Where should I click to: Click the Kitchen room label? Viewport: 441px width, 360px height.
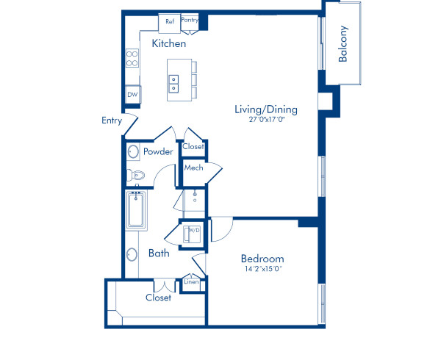pos(168,44)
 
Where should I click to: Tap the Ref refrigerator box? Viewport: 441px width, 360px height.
pos(170,21)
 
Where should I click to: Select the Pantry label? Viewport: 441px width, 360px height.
pos(189,21)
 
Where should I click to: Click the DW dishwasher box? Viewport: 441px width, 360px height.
pos(133,95)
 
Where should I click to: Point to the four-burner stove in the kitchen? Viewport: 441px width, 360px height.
pos(133,58)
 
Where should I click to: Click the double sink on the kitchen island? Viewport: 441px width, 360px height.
pos(175,84)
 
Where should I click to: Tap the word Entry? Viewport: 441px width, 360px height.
pos(112,121)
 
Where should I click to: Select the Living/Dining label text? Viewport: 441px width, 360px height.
pos(265,110)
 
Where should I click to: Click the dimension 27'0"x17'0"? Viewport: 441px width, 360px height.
pos(265,120)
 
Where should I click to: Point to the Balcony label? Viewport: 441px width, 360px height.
pos(343,45)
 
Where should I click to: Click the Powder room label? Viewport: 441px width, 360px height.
pos(158,152)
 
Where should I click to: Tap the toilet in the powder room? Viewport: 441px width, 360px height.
pos(135,175)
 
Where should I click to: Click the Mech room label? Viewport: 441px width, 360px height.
pos(193,168)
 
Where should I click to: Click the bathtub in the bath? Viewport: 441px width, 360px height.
pos(136,211)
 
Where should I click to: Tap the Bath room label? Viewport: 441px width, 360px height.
pos(159,253)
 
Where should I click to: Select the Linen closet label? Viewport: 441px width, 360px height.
pos(191,281)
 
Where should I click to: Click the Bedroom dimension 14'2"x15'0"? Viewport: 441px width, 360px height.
pos(262,269)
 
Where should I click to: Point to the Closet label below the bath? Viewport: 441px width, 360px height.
pos(158,298)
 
